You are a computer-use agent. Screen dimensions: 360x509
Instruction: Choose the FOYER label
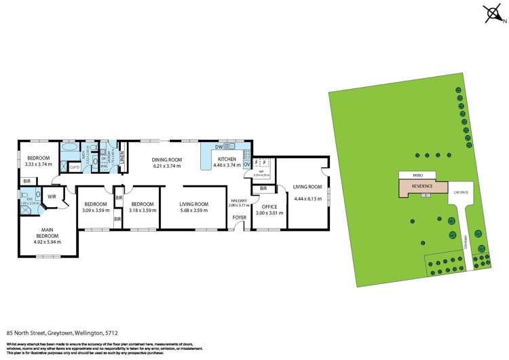pos(240,217)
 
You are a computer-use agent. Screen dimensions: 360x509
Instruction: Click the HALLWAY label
pos(239,200)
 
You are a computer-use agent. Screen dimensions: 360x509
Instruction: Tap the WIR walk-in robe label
pos(52,198)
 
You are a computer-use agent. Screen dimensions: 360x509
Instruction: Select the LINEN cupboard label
pos(123,158)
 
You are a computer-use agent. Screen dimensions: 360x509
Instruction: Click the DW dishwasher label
pos(219,147)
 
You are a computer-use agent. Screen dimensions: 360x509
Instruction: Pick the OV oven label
pos(246,164)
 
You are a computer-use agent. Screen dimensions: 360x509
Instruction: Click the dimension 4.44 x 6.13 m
pos(307,198)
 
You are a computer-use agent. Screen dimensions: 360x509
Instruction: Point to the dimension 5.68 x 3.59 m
pos(193,210)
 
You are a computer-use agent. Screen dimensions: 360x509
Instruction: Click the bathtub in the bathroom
pos(70,147)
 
